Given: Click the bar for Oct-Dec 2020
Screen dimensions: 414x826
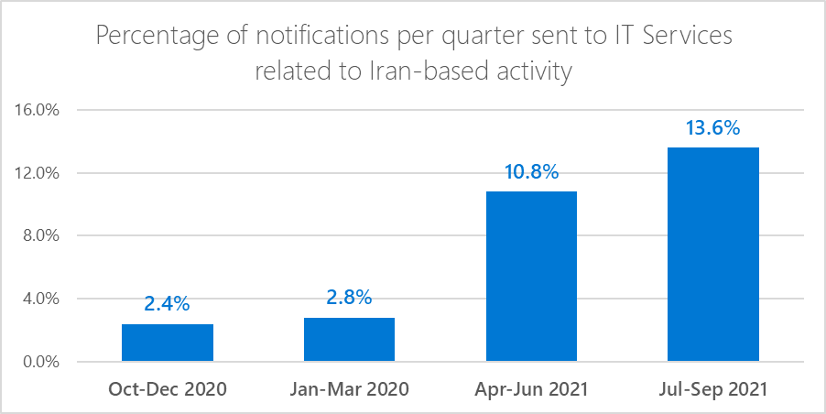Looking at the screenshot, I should point(167,343).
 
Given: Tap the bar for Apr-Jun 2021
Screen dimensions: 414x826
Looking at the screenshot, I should point(531,276).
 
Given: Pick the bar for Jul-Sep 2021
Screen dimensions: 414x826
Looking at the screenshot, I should point(713,254).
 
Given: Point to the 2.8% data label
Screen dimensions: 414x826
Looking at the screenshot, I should point(349,298).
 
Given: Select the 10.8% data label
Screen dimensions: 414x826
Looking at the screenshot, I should point(531,172).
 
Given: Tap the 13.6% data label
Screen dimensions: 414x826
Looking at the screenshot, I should point(713,128).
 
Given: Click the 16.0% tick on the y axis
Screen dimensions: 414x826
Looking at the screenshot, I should point(38,111).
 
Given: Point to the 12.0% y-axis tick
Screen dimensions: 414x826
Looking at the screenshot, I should point(38,173).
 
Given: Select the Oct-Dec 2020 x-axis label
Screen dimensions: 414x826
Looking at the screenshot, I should point(167,389).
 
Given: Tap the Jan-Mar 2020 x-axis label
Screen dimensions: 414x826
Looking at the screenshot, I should point(349,389).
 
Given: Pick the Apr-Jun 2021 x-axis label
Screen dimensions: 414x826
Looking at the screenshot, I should point(531,389).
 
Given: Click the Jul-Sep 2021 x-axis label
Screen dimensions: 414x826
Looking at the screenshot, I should point(713,389).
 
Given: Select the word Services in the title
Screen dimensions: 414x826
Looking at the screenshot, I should point(682,38).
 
